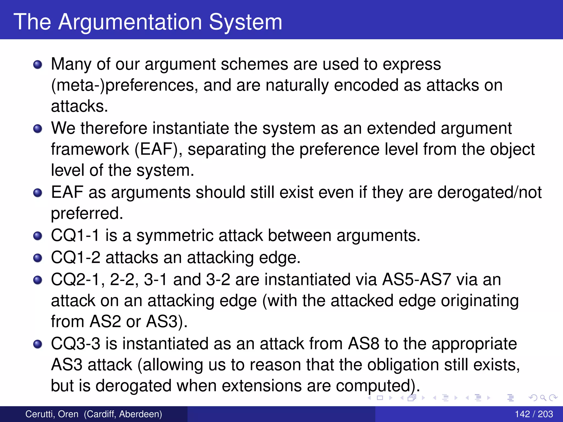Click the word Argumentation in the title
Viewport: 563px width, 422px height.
point(130,22)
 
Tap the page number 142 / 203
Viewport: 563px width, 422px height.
point(534,414)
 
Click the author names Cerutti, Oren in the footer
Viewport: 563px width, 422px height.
point(52,414)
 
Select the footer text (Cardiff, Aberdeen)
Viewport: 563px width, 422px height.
point(123,414)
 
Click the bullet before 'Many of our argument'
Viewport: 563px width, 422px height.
point(38,65)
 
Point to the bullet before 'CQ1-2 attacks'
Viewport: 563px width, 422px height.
point(38,258)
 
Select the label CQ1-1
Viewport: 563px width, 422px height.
point(75,236)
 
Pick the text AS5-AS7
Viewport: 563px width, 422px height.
point(416,279)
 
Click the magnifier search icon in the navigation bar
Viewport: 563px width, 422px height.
point(543,398)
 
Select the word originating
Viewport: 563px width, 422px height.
point(480,301)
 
